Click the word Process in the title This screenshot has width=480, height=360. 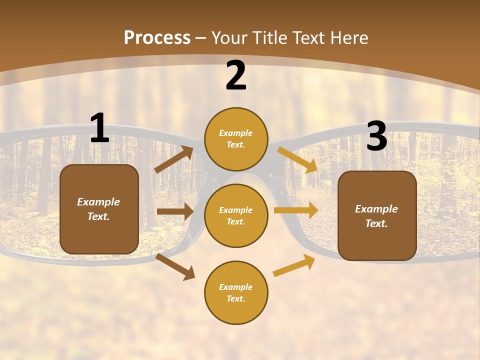point(157,38)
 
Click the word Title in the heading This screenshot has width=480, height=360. point(269,38)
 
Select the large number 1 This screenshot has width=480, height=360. point(99,128)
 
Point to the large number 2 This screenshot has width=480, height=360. point(236,76)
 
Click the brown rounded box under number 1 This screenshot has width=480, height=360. point(99,209)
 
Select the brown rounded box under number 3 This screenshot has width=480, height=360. point(377,215)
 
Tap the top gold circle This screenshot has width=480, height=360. point(236,139)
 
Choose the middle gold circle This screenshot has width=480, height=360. point(236,215)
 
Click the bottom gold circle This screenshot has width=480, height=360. point(236,292)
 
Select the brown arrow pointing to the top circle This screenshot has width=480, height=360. point(174,159)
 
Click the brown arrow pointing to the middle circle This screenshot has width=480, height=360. point(175,211)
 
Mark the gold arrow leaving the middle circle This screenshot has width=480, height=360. point(296,210)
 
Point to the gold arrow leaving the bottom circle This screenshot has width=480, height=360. point(294,265)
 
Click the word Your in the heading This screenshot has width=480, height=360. point(230,38)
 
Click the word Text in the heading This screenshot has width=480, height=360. point(308,38)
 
